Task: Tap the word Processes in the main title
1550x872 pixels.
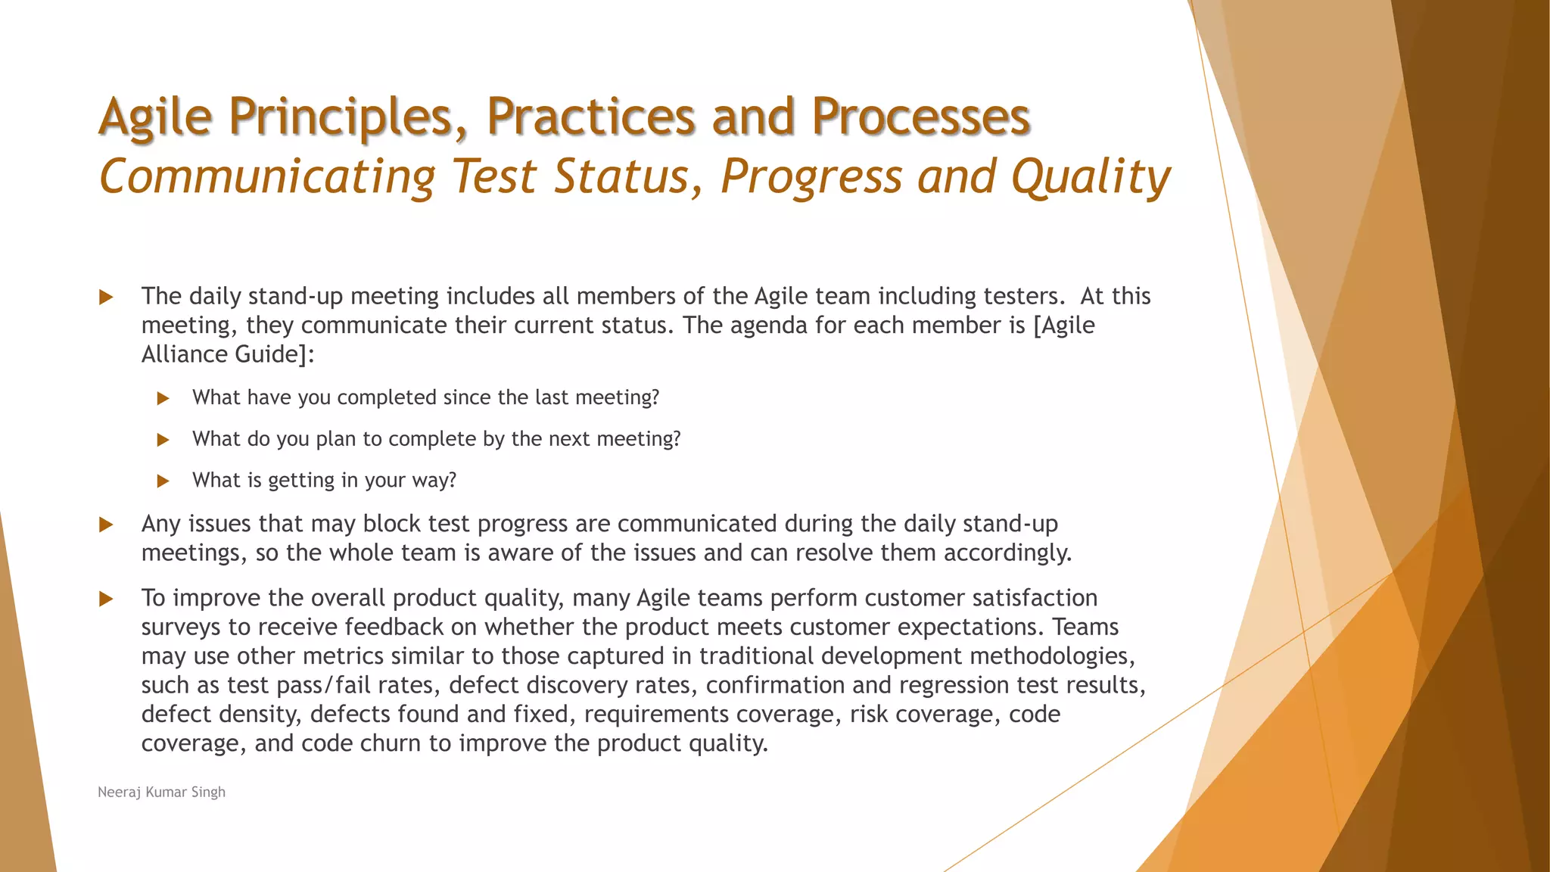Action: (x=920, y=117)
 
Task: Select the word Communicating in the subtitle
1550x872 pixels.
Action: (x=267, y=177)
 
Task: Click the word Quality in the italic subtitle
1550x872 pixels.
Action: (x=1091, y=177)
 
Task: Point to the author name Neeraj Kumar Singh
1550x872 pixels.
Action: (x=161, y=792)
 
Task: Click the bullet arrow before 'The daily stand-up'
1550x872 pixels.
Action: (x=107, y=297)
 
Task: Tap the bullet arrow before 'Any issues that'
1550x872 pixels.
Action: (x=107, y=525)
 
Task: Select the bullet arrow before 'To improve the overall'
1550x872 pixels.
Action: (x=107, y=599)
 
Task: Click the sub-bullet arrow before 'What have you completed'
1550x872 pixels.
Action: (x=163, y=398)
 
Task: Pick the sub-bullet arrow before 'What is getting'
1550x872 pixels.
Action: (x=163, y=481)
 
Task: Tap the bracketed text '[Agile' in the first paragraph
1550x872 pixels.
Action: (x=1064, y=325)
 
